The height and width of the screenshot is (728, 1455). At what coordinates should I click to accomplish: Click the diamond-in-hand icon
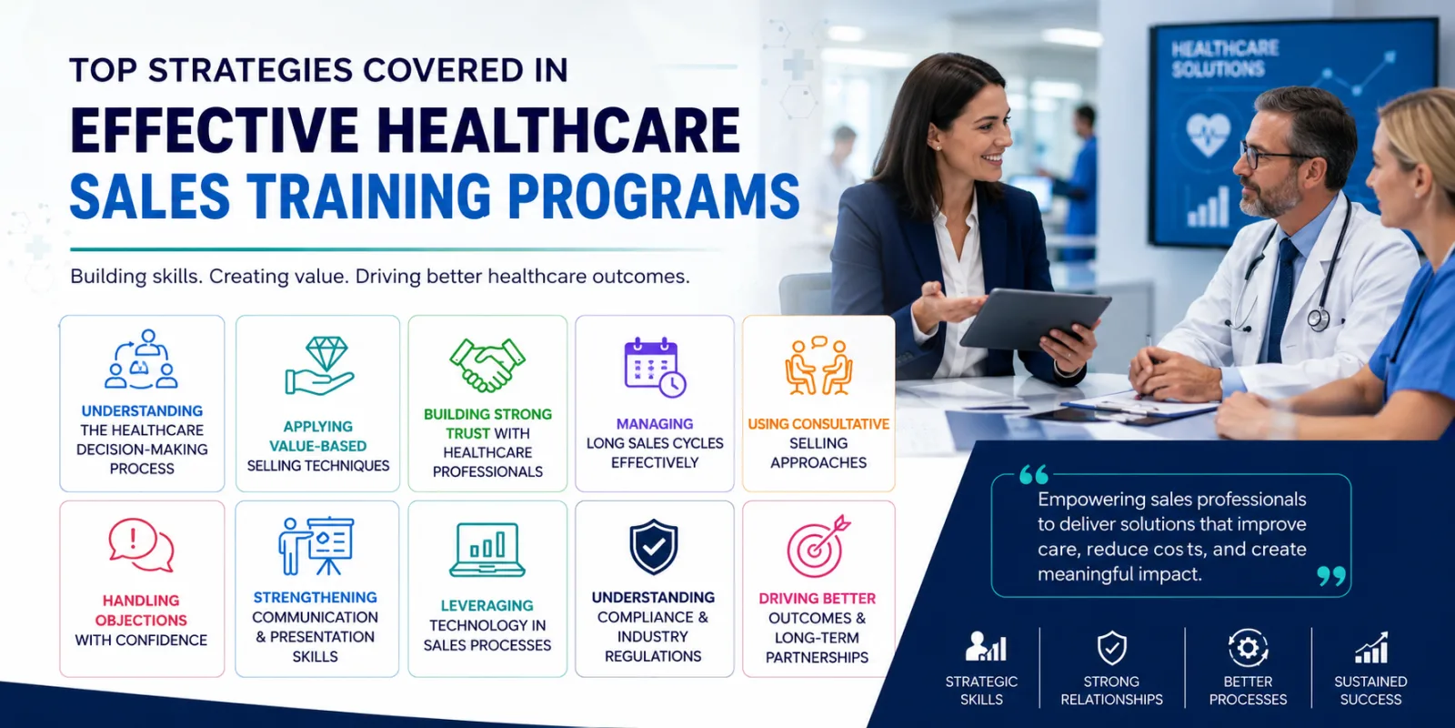[x=319, y=366]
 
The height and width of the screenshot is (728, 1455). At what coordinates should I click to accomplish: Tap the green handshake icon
[x=487, y=365]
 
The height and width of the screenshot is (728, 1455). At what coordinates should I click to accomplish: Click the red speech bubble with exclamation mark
[x=141, y=545]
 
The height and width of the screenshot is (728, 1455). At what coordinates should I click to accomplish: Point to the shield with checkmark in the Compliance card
[x=654, y=547]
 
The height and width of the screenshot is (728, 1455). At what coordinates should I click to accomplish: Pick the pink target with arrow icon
[x=818, y=547]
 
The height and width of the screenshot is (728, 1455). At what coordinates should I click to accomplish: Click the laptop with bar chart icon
[x=487, y=550]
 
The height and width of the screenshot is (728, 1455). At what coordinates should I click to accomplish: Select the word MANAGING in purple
[x=655, y=424]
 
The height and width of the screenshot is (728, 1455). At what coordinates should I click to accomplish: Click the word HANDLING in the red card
[x=141, y=601]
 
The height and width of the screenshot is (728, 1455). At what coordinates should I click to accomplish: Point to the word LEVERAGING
[x=487, y=606]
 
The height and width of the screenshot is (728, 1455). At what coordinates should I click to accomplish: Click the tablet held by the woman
[x=1034, y=318]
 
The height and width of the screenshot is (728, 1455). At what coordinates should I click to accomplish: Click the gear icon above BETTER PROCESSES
[x=1248, y=648]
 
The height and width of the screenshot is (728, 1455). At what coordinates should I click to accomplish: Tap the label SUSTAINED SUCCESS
[x=1370, y=691]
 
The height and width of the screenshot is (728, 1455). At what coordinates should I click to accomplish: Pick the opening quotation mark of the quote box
[x=1033, y=474]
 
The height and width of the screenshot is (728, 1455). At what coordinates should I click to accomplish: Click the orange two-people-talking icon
[x=818, y=365]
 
